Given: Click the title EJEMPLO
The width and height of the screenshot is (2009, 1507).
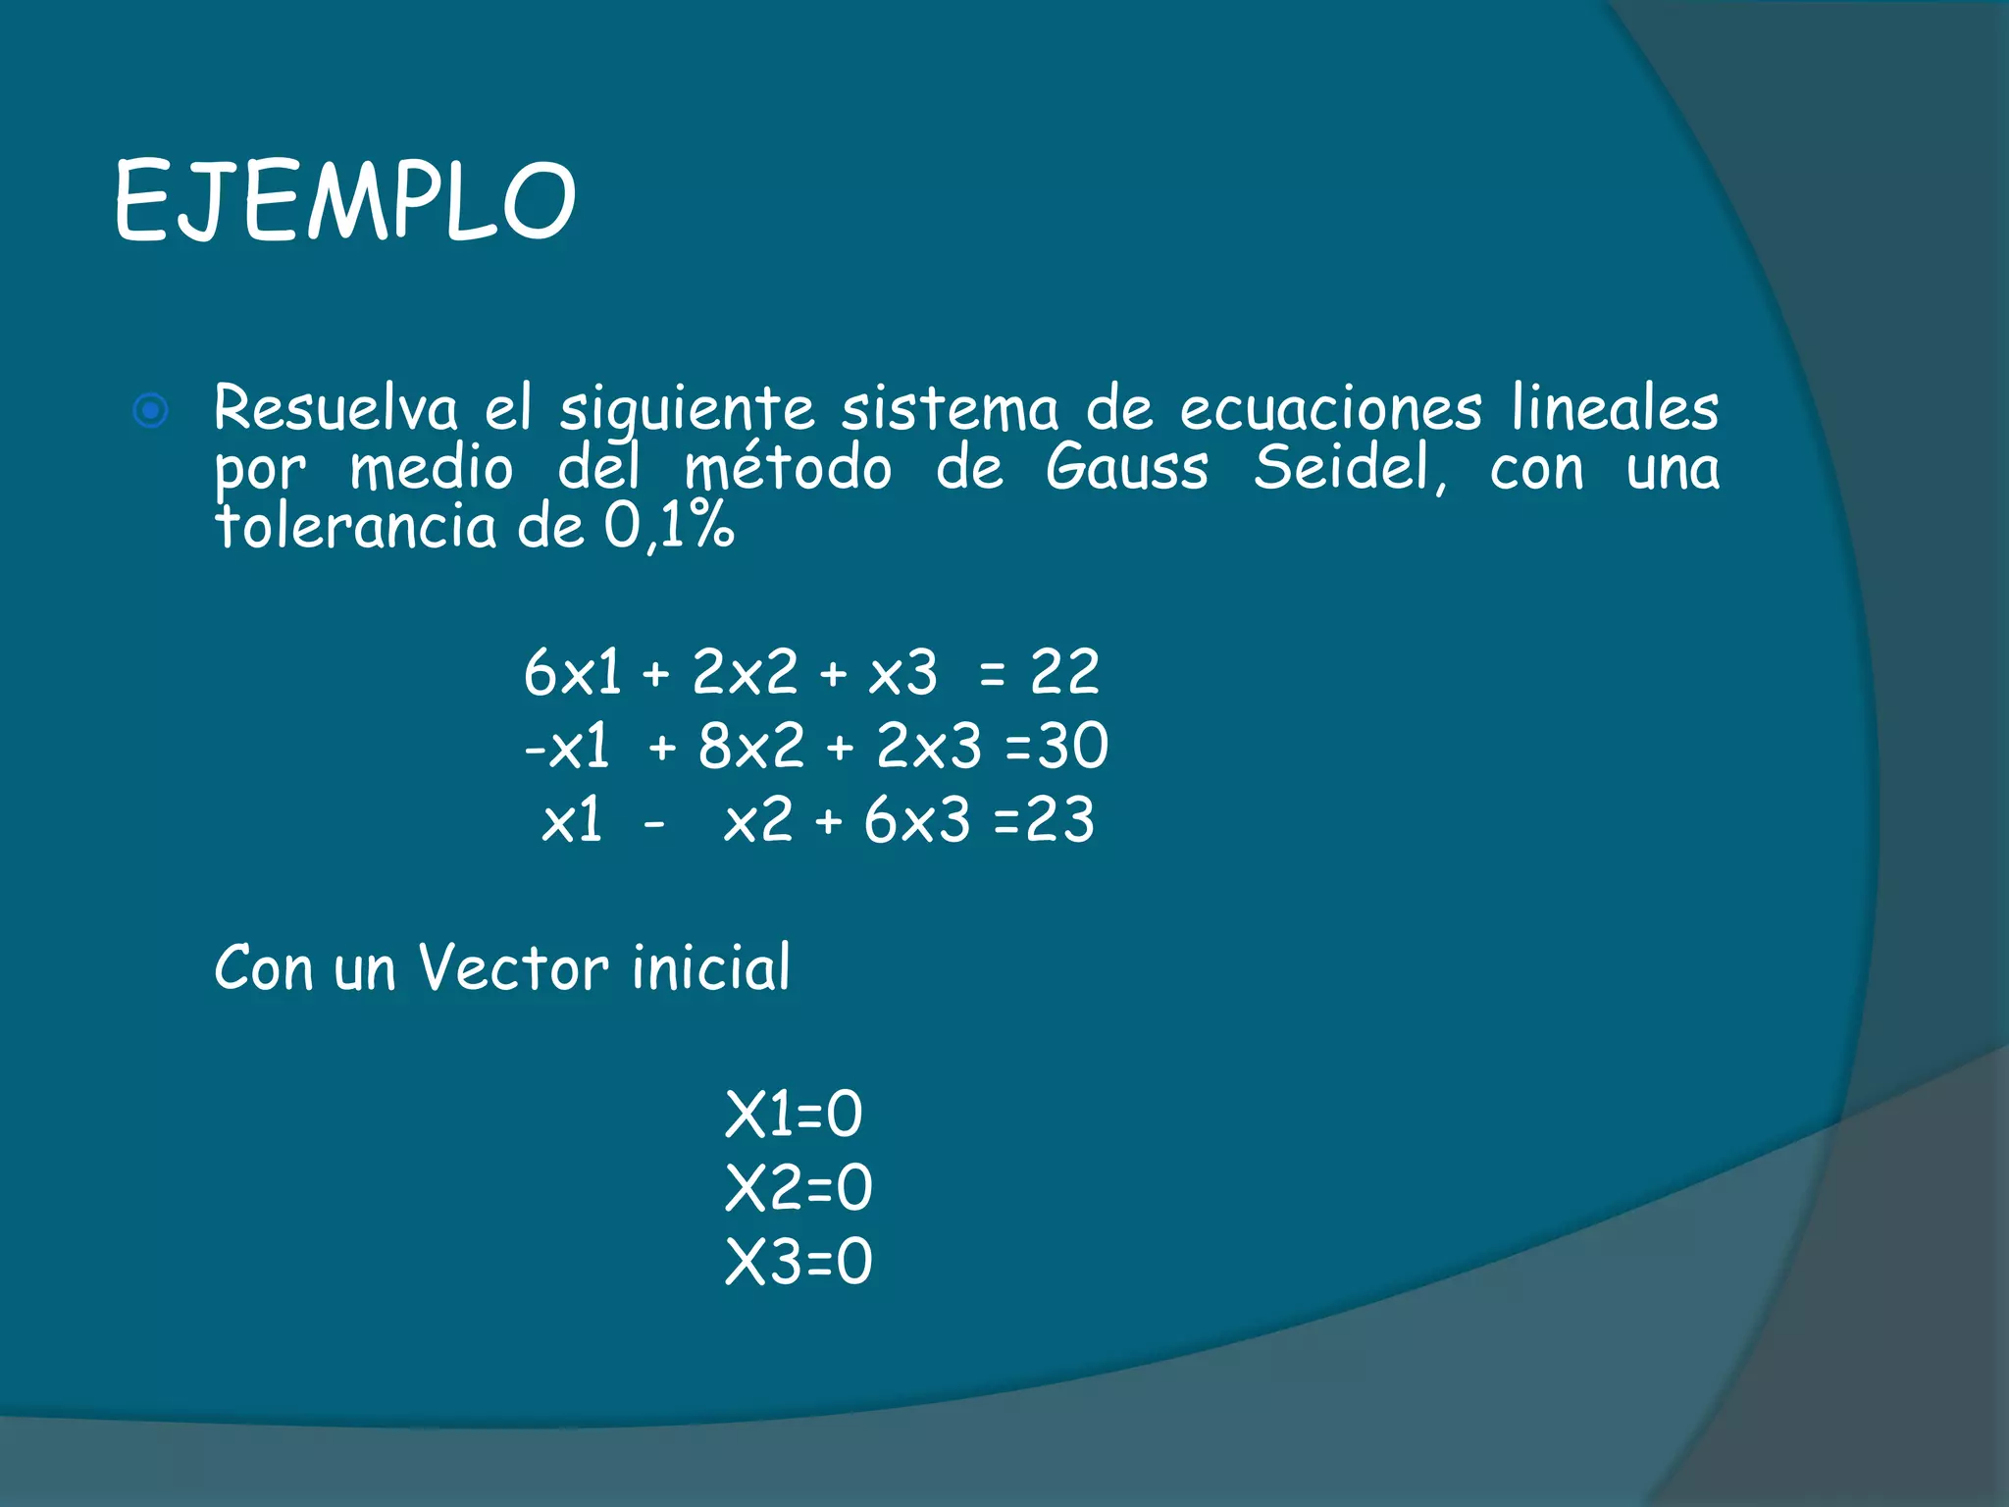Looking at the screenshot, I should click(x=344, y=201).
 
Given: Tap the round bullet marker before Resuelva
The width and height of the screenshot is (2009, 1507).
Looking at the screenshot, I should click(x=151, y=411).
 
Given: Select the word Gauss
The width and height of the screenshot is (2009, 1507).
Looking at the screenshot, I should click(x=1126, y=467).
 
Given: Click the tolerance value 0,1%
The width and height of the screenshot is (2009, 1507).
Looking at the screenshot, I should click(x=668, y=527).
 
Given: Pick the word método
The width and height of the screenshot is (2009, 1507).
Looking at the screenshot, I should click(x=788, y=467).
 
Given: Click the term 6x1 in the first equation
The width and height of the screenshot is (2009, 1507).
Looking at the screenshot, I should click(x=572, y=673).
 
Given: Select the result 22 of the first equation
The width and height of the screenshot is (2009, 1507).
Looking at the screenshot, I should click(x=1063, y=673).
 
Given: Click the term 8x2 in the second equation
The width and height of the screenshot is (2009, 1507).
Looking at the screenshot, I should click(x=750, y=746).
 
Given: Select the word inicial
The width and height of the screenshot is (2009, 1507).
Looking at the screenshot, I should click(x=711, y=967).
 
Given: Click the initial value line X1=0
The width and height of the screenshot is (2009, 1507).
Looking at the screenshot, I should click(x=794, y=1115).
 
